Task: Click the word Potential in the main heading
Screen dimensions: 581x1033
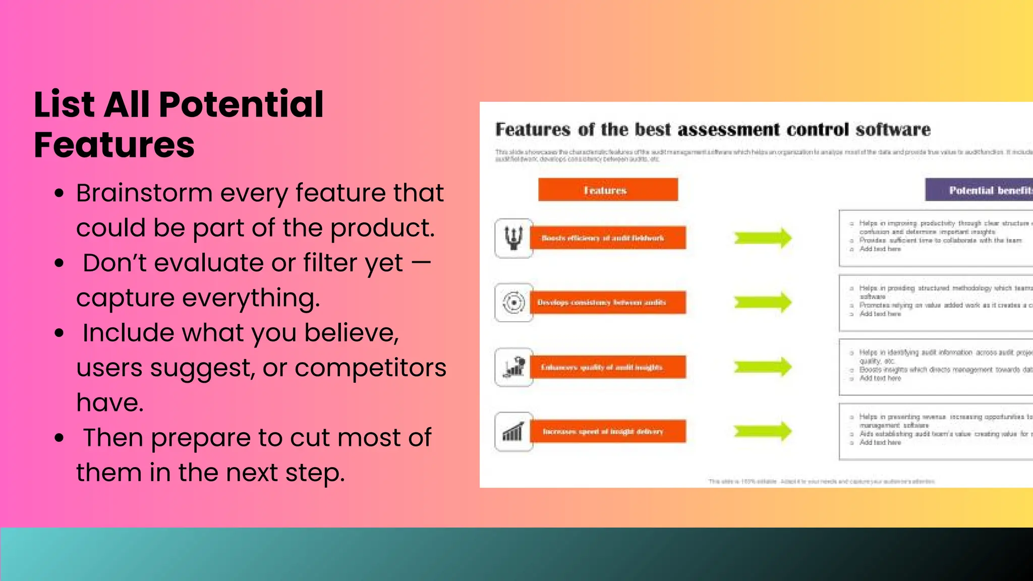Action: [241, 105]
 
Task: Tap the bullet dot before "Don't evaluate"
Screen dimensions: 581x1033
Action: [60, 263]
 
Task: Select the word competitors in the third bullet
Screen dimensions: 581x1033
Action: [370, 368]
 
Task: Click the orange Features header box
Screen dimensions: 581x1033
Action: [607, 190]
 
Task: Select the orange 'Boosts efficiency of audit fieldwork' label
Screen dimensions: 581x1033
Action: [607, 238]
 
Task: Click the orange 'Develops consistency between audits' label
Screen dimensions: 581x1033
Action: [607, 302]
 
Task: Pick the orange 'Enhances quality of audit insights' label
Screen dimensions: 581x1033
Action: [607, 367]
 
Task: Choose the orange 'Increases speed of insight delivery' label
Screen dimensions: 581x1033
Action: [607, 431]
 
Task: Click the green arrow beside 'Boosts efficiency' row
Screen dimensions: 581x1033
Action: [763, 238]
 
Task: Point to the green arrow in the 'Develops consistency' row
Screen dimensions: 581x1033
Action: [763, 302]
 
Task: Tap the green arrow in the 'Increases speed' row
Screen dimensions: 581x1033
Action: [763, 431]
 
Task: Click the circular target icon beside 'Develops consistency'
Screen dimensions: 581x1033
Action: [513, 303]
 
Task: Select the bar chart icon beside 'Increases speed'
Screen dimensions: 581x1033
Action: [513, 432]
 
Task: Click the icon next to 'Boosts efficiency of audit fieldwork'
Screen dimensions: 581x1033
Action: [513, 238]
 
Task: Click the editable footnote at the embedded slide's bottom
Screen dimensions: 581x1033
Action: [821, 482]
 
